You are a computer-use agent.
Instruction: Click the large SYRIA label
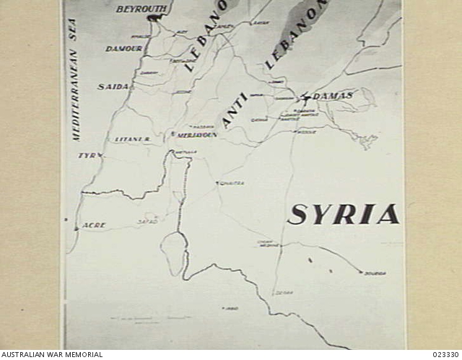pyautogui.click(x=344, y=214)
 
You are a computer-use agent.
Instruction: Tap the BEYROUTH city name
pyautogui.click(x=141, y=9)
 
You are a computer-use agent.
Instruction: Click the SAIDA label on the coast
pyautogui.click(x=113, y=87)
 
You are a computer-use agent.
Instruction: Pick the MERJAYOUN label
pyautogui.click(x=196, y=134)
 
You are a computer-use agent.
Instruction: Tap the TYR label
pyautogui.click(x=88, y=155)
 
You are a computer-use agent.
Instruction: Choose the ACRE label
pyautogui.click(x=94, y=225)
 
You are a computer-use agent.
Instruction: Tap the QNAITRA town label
pyautogui.click(x=232, y=183)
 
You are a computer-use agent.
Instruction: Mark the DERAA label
pyautogui.click(x=283, y=292)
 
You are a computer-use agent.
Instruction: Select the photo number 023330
pyautogui.click(x=445, y=354)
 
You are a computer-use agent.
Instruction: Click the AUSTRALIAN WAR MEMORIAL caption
pyautogui.click(x=51, y=354)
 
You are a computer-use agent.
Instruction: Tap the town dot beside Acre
pyautogui.click(x=76, y=228)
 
